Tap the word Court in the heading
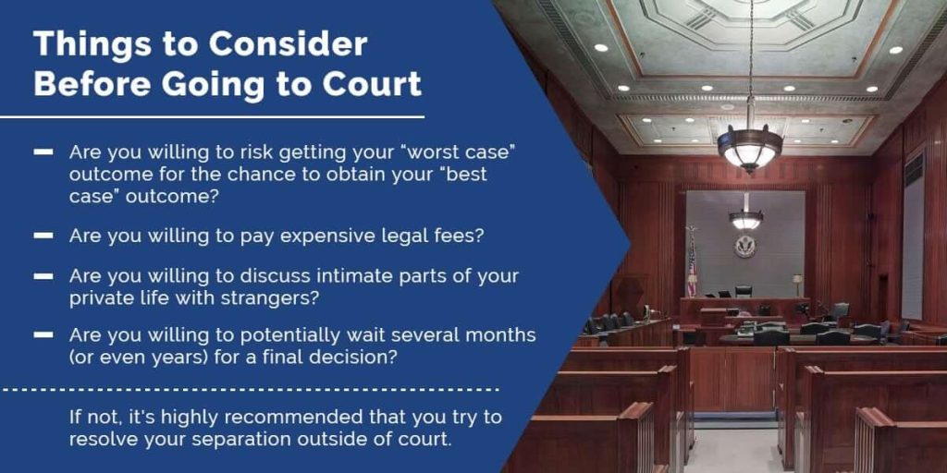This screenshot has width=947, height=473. [372, 84]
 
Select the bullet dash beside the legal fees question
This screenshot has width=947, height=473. [43, 236]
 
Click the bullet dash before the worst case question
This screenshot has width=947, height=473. [43, 152]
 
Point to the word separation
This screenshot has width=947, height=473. [229, 439]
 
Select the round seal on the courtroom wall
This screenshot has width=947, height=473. [744, 246]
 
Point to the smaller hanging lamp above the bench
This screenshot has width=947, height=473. [745, 218]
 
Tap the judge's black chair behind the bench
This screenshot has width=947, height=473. [744, 291]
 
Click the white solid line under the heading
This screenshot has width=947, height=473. [212, 117]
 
